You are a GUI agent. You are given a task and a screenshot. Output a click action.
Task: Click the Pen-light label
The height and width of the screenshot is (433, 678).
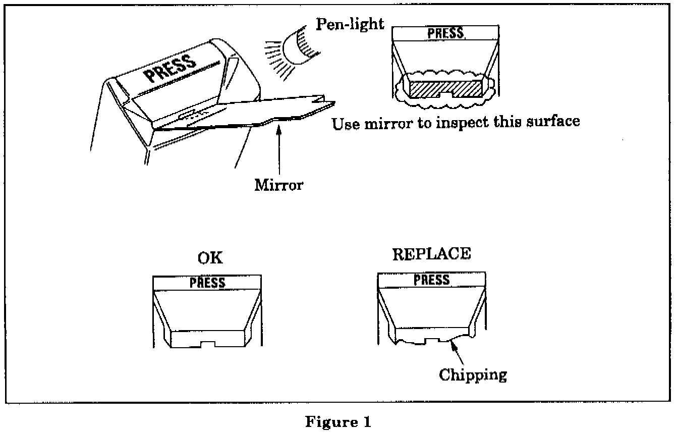pos(350,24)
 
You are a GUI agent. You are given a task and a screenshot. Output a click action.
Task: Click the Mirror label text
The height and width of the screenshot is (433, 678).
pos(279,185)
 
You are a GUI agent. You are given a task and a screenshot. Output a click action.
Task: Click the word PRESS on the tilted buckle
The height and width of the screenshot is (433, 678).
pos(169,69)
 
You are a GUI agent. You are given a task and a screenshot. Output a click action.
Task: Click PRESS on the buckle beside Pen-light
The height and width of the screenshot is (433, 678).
pos(445,33)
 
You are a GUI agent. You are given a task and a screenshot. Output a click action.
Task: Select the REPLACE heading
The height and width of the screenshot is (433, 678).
pos(431,254)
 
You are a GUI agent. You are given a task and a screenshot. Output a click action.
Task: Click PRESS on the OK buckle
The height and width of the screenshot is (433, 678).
pos(207,283)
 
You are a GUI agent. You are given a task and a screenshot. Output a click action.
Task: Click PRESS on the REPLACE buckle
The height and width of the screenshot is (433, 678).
pos(431,280)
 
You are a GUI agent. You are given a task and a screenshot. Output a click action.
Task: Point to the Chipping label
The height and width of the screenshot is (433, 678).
pos(472,374)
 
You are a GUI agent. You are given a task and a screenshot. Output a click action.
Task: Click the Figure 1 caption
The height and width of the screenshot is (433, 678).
pos(338,422)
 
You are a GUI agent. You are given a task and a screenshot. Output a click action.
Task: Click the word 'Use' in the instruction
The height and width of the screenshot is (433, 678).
pos(345,124)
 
